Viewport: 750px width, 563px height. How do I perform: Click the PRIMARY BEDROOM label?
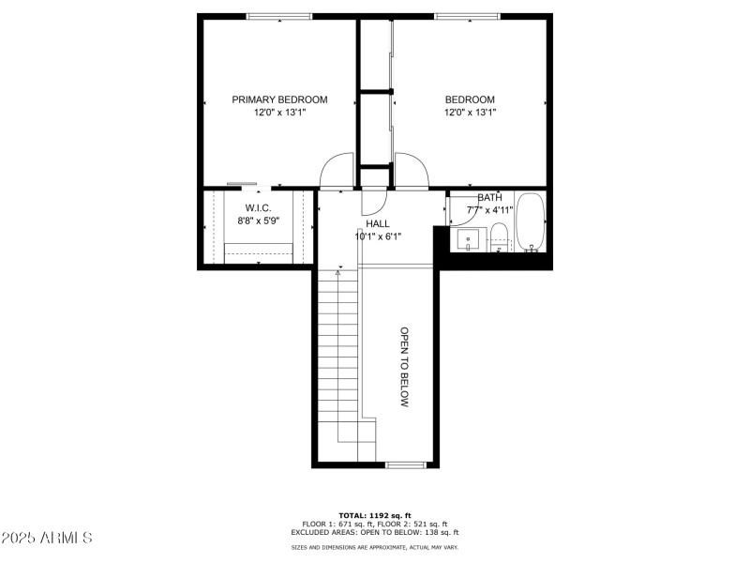[279, 99]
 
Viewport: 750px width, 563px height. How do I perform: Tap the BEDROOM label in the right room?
[470, 99]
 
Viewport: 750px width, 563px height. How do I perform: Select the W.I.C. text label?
[258, 207]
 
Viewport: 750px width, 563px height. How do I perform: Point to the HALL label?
[378, 223]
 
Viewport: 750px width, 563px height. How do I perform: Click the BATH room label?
[489, 198]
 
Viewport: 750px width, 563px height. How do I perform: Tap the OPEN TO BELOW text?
[405, 367]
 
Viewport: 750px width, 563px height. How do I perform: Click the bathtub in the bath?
[530, 224]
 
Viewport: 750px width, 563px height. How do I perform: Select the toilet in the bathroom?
[499, 237]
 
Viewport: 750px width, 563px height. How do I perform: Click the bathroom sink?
[468, 240]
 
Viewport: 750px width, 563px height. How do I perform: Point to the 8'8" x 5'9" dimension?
[258, 221]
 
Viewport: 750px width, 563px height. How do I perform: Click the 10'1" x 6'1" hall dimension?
[378, 236]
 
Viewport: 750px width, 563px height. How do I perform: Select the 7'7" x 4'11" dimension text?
[489, 210]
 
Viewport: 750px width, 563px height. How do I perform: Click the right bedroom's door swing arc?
[412, 170]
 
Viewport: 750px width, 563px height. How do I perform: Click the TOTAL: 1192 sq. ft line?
[375, 515]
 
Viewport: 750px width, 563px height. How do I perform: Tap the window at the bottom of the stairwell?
[405, 464]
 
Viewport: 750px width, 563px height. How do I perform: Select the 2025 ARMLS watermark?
[47, 538]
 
